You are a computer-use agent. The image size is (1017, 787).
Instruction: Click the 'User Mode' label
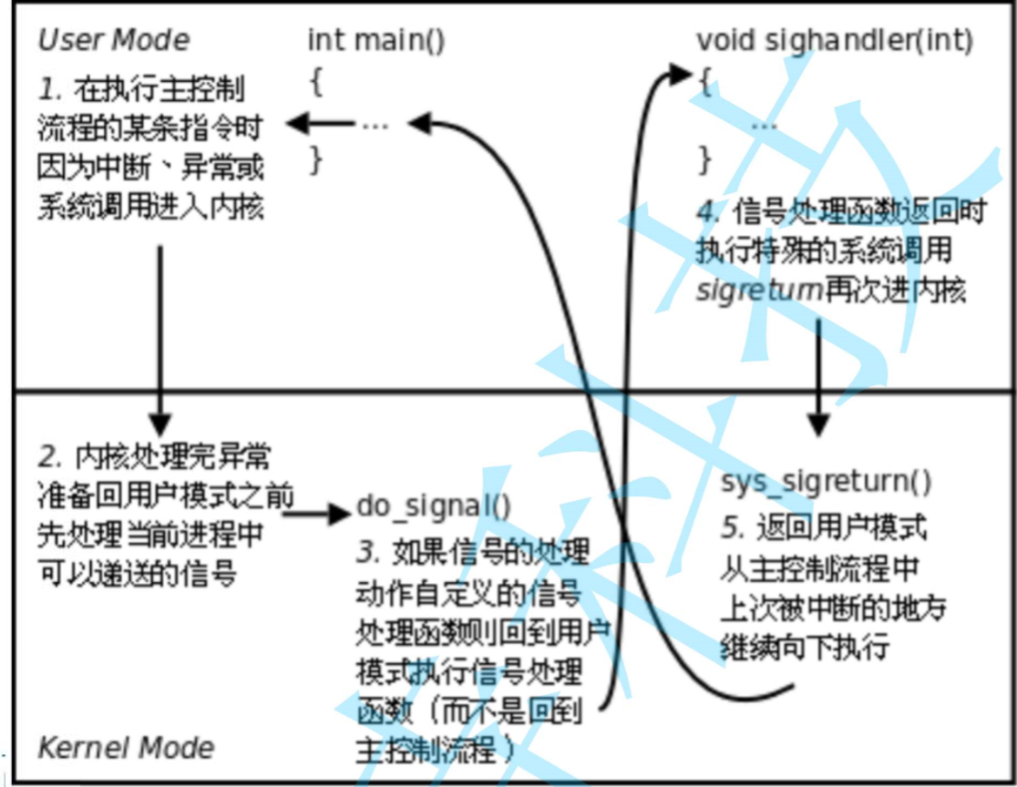click(113, 41)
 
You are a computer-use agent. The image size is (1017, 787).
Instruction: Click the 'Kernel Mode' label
click(126, 748)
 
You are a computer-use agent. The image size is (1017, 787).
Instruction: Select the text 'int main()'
click(375, 41)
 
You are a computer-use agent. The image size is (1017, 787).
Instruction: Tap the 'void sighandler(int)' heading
click(835, 41)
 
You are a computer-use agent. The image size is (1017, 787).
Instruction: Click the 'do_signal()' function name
click(433, 506)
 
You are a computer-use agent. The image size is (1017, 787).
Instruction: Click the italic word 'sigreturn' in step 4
click(760, 291)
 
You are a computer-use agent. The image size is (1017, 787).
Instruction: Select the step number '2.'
click(49, 455)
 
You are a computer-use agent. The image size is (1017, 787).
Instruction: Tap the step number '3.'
click(366, 552)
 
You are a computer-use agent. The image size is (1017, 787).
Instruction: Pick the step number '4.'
click(709, 212)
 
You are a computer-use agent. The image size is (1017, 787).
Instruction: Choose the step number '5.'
click(731, 527)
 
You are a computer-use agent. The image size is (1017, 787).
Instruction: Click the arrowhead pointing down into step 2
click(159, 422)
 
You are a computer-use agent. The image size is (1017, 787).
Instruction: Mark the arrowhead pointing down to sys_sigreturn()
click(817, 424)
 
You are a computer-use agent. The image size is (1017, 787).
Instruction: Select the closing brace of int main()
click(316, 159)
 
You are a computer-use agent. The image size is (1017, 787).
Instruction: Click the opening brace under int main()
click(316, 82)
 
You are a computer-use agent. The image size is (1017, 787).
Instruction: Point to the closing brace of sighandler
click(704, 159)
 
